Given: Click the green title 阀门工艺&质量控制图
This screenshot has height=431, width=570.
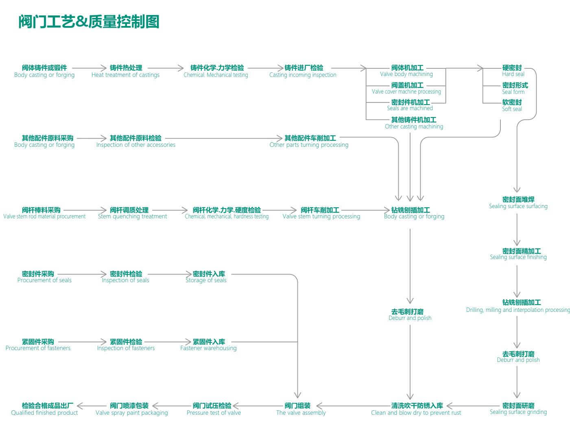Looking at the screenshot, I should pyautogui.click(x=89, y=22).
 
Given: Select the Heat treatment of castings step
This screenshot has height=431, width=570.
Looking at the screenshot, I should pyautogui.click(x=126, y=71).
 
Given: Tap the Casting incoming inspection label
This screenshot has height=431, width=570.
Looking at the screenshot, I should pyautogui.click(x=303, y=71).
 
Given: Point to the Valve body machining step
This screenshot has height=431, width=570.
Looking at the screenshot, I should pyautogui.click(x=407, y=71).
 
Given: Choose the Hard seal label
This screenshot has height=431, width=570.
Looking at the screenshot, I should pyautogui.click(x=512, y=71).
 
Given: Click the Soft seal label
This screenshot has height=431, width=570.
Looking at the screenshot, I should pyautogui.click(x=512, y=106).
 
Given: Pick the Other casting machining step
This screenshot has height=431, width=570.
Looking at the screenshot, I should pyautogui.click(x=414, y=123).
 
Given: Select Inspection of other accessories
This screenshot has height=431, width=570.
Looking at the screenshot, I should pyautogui.click(x=136, y=141).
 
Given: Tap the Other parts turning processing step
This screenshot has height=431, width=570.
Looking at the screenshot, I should pyautogui.click(x=309, y=141).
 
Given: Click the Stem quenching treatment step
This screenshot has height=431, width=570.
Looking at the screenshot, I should pyautogui.click(x=132, y=213).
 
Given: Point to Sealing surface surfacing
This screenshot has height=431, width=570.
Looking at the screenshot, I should pyautogui.click(x=518, y=202).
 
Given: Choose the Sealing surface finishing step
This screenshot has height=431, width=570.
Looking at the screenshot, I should pyautogui.click(x=518, y=254).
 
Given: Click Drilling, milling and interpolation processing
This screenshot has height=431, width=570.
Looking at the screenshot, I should pyautogui.click(x=518, y=306).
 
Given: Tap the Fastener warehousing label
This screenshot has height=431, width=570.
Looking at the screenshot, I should pyautogui.click(x=208, y=345).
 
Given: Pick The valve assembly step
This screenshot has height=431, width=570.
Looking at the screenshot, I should pyautogui.click(x=301, y=409).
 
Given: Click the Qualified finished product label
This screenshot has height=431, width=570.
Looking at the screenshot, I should pyautogui.click(x=45, y=409).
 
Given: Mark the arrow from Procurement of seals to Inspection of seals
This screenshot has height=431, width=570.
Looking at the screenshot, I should pyautogui.click(x=81, y=274).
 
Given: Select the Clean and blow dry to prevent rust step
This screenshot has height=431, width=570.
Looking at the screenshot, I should pyautogui.click(x=416, y=409).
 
